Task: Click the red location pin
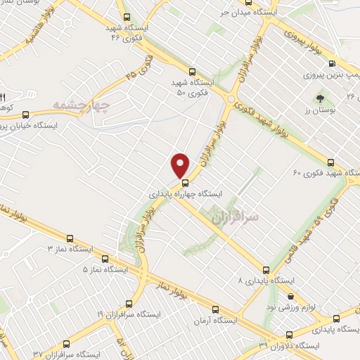click(x=181, y=165)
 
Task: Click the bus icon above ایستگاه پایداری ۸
click(x=265, y=269)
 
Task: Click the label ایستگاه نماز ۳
click(x=70, y=249)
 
